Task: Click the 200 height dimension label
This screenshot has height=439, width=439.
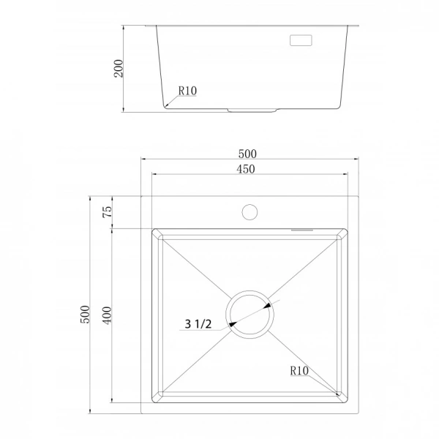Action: point(119,68)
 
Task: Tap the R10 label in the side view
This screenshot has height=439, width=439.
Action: point(187,91)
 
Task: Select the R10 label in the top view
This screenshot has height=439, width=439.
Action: point(299,371)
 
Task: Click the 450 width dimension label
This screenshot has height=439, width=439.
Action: point(246,169)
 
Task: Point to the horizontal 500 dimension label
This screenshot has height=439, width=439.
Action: point(247,154)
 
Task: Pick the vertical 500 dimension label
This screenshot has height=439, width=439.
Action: point(85,315)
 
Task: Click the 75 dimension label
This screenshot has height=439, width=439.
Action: point(108,211)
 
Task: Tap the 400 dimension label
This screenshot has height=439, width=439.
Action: point(108,315)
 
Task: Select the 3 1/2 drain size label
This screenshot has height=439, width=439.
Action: point(198,324)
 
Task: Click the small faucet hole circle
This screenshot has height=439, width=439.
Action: point(249,212)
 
